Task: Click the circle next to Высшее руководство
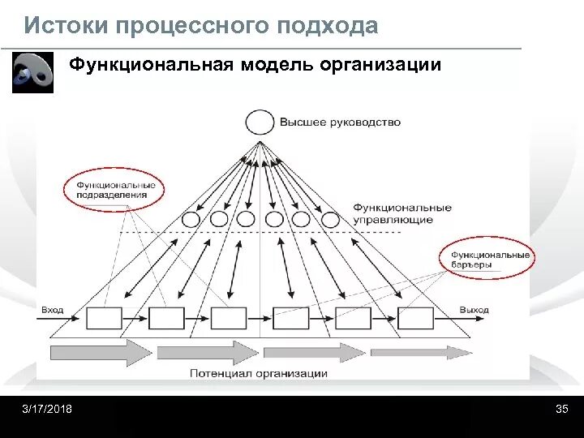(260, 122)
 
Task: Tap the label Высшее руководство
(340, 122)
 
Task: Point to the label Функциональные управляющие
(402, 213)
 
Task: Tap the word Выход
(474, 310)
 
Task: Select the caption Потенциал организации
(259, 373)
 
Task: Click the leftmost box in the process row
(104, 318)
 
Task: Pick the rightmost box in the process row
(415, 318)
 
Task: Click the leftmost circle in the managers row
(191, 219)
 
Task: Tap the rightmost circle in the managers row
(330, 219)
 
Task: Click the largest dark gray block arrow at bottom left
(101, 353)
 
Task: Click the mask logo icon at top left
(32, 73)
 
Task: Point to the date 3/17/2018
(47, 409)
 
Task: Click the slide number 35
(561, 409)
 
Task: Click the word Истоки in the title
(65, 26)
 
